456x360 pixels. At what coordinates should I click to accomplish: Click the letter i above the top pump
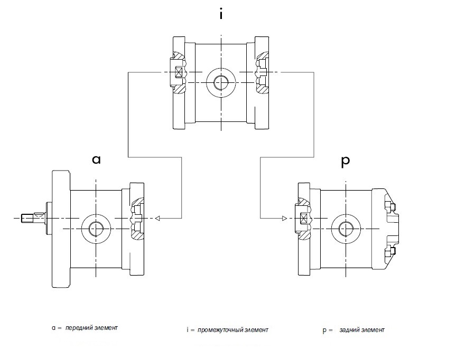coord(221,14)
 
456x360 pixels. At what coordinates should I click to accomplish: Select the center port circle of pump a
coord(96,228)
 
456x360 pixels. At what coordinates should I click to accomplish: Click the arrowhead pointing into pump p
coord(284,218)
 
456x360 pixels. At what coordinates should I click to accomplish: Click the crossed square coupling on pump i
coord(178,73)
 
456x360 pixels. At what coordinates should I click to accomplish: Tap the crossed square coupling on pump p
coord(304,219)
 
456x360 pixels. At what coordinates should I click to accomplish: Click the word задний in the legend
coord(349,330)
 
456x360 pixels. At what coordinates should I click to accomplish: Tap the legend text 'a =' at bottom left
coord(56,328)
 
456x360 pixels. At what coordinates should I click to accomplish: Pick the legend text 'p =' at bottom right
coord(327,330)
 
